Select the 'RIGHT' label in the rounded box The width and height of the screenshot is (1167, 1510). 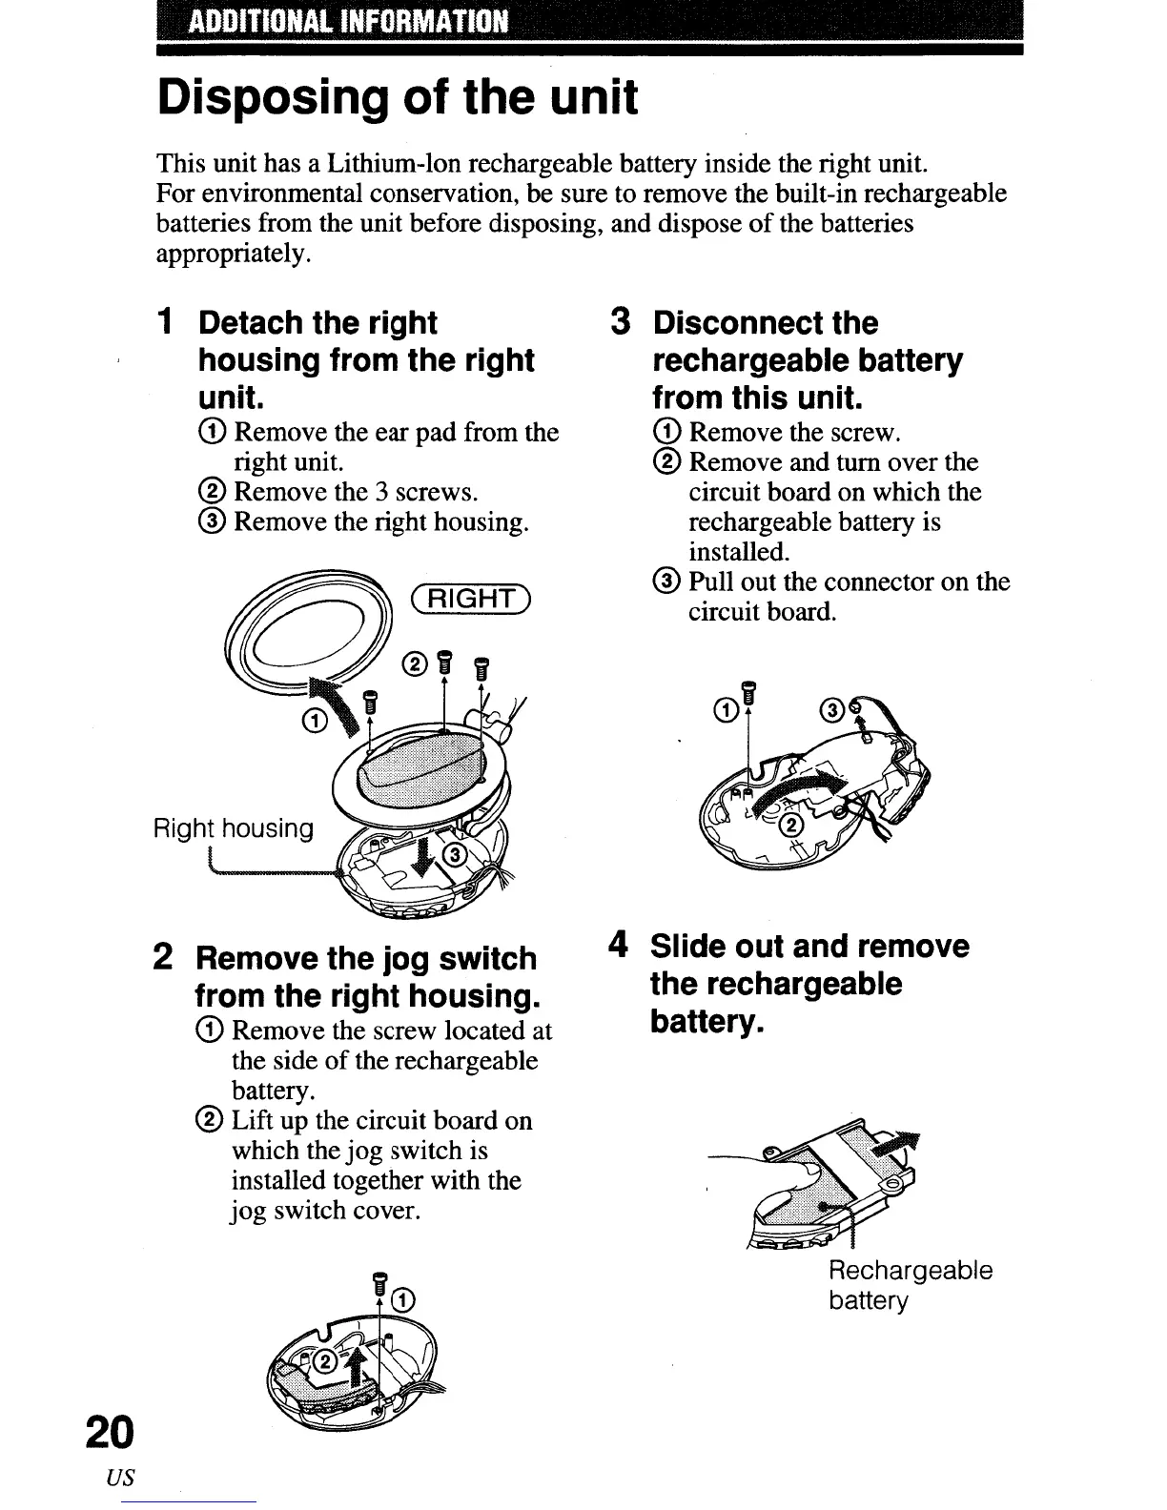coord(472,598)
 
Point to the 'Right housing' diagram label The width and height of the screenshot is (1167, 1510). coord(233,828)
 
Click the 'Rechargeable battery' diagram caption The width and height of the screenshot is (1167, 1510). coord(911,1285)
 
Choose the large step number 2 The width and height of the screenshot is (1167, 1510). coord(164,958)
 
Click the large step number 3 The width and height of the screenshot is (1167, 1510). coord(622,323)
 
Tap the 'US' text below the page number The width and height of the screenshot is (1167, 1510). coord(123,1478)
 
